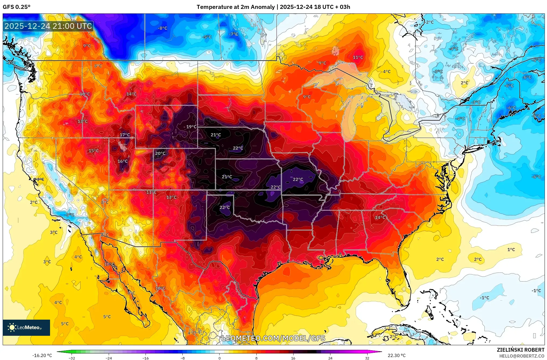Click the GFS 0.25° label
[16, 7]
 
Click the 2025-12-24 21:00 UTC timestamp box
[48, 26]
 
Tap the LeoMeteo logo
[26, 327]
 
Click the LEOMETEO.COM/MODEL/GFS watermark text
[273, 338]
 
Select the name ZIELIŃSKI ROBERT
[520, 350]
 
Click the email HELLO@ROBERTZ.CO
[522, 356]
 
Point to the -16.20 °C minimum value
[42, 355]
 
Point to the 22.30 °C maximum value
[396, 355]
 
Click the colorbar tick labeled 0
[219, 358]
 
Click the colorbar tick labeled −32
[72, 358]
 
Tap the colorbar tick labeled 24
[330, 358]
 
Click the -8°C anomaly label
[163, 28]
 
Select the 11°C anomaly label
[358, 57]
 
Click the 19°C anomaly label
[191, 127]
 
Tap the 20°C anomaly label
[160, 153]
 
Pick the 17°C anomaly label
[125, 135]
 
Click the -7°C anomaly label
[234, 34]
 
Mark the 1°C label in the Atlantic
[511, 250]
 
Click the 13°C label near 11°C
[171, 197]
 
